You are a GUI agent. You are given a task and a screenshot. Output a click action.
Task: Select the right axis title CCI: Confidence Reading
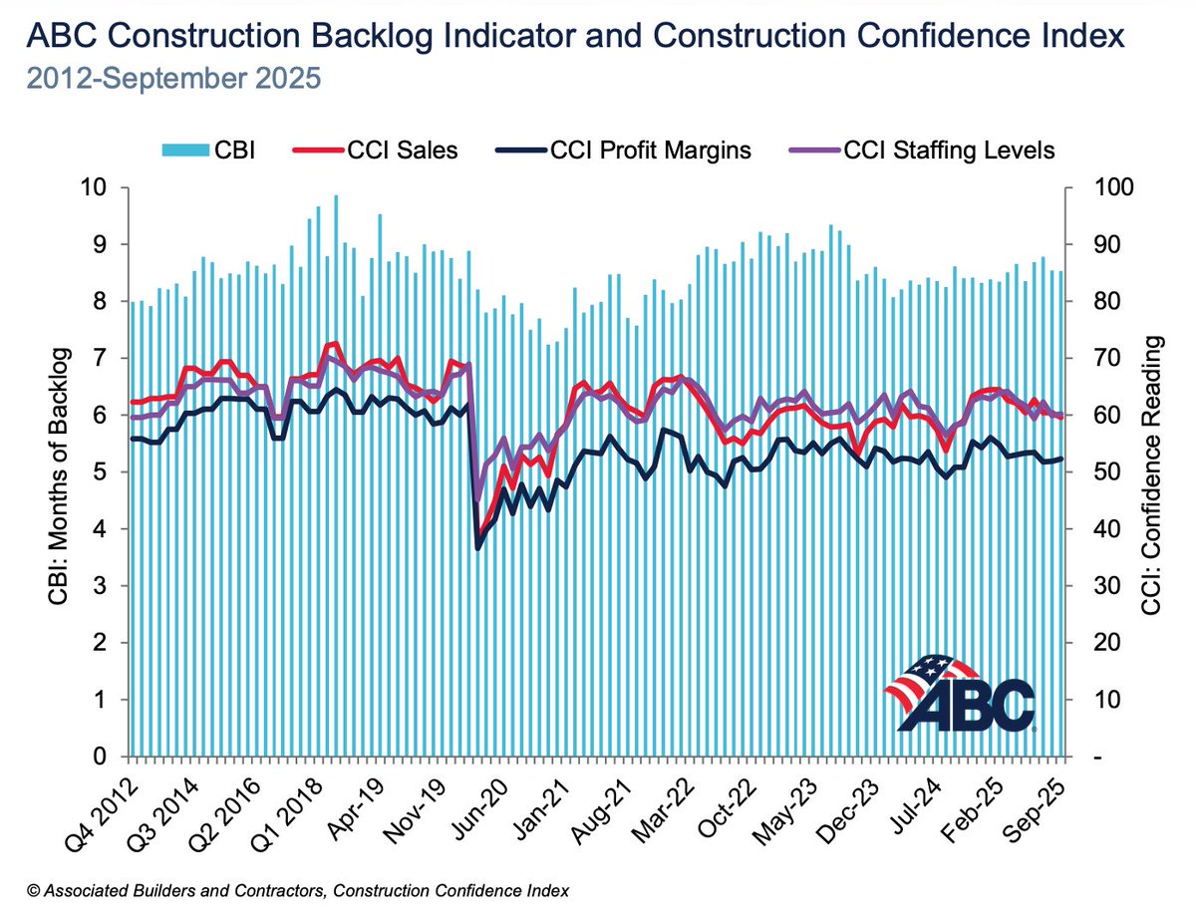point(1155,472)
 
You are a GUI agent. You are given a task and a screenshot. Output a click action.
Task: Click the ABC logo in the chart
point(960,692)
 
